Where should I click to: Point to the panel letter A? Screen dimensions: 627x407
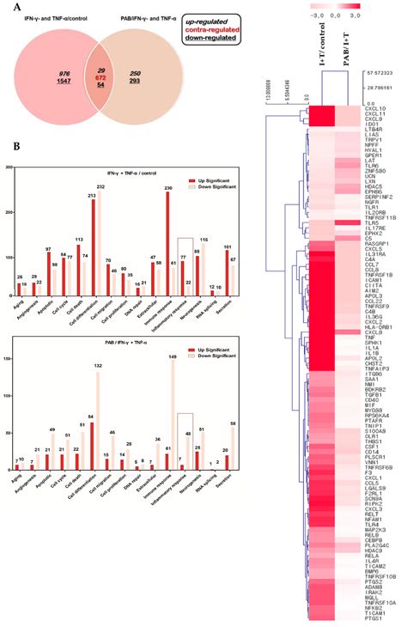click(15, 7)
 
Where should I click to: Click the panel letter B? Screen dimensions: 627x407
click(15, 148)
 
